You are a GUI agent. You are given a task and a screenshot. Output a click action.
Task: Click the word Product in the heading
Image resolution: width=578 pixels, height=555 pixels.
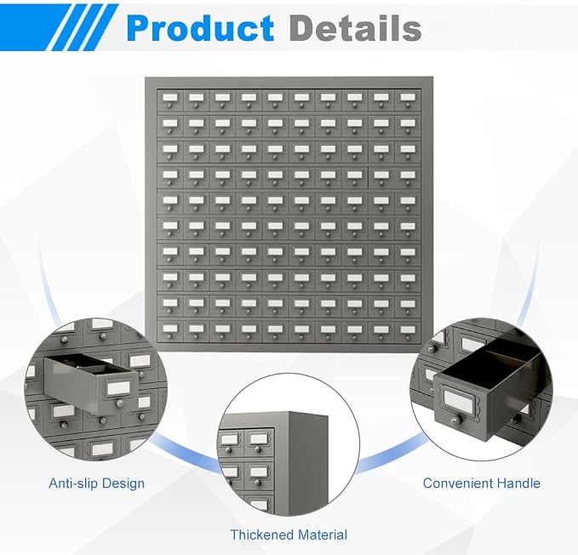pos(200,28)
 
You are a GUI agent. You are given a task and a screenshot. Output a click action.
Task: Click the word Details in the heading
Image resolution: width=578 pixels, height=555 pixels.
pos(355,28)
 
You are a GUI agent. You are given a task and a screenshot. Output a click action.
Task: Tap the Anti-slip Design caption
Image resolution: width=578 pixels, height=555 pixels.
pos(96,483)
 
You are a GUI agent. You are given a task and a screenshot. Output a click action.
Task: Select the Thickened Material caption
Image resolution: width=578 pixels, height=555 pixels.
pos(289,535)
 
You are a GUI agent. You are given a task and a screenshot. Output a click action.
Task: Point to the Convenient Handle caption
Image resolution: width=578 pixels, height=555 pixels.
pos(482,483)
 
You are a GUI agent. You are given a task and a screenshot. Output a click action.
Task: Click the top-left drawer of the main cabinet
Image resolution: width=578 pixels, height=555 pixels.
pos(170,100)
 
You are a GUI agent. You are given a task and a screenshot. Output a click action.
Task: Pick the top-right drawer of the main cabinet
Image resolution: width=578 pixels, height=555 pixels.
pos(408,100)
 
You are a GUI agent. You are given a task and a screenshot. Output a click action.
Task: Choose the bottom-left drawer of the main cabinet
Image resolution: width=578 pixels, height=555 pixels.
pos(170,330)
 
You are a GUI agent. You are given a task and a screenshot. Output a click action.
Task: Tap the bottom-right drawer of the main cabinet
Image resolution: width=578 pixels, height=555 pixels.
pos(408,330)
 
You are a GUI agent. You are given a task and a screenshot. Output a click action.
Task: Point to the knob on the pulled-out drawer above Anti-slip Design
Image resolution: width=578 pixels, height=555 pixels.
pos(119,403)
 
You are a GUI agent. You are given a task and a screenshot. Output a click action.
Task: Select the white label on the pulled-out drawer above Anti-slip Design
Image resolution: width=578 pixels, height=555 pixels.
pos(118,388)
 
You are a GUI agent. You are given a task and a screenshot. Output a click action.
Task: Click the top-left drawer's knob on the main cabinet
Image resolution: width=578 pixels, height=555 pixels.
pos(170,106)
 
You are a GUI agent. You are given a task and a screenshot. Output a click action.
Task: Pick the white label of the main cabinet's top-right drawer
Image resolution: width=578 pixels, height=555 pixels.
pos(408,97)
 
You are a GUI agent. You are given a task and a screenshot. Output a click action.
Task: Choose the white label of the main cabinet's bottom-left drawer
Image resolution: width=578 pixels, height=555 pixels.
pos(170,328)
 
